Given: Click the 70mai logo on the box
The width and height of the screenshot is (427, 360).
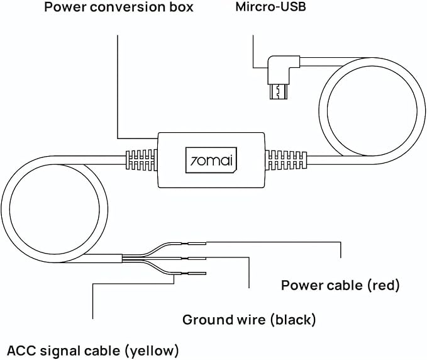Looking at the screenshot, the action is [211, 160].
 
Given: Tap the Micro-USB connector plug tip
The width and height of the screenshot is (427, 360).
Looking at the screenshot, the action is [278, 92].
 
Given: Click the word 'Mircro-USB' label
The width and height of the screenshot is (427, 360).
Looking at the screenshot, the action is [270, 7].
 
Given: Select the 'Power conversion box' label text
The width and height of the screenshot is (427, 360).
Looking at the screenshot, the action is [119, 7].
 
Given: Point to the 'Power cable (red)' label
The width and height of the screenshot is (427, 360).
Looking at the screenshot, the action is [340, 285].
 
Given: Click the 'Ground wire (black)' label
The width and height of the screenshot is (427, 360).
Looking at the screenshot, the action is [249, 320].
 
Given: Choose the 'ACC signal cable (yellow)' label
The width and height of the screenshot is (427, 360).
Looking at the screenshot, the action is [93, 351].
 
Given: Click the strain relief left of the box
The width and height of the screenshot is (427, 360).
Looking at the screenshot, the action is [141, 160].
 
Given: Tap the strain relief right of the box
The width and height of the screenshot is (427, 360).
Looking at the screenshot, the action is [286, 160].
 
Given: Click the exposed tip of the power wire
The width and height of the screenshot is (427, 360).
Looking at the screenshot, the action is [197, 244].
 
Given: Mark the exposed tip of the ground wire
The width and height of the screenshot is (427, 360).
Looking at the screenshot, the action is [197, 258].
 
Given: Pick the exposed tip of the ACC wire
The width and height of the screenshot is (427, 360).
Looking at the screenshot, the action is [197, 273].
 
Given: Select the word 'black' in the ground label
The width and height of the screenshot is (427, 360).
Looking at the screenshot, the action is [293, 320].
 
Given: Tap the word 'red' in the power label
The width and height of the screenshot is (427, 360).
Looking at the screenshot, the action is [384, 285].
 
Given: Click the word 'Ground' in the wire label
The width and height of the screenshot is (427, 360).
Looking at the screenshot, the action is [206, 320].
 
